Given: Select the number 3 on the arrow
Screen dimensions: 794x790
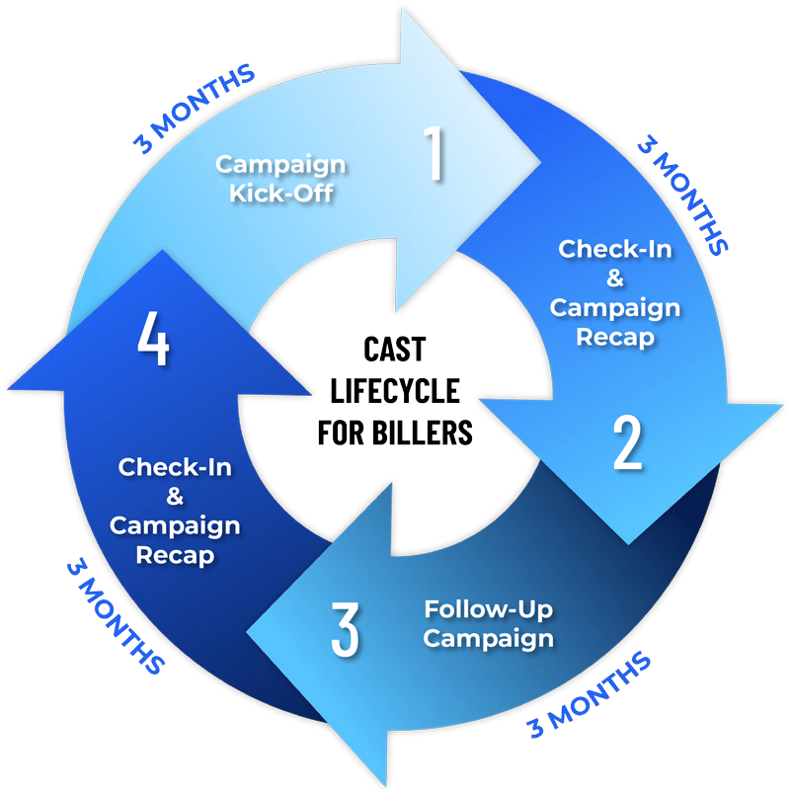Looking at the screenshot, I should [x=345, y=630].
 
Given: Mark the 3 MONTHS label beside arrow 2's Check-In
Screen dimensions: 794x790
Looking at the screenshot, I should [x=680, y=194].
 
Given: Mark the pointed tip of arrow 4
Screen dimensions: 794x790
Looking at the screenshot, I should [x=155, y=251].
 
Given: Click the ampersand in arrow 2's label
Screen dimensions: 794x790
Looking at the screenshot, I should [x=615, y=278].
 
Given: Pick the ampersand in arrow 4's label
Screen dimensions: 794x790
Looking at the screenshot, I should [x=175, y=496].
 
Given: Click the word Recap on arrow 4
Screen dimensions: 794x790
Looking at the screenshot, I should [x=175, y=555].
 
